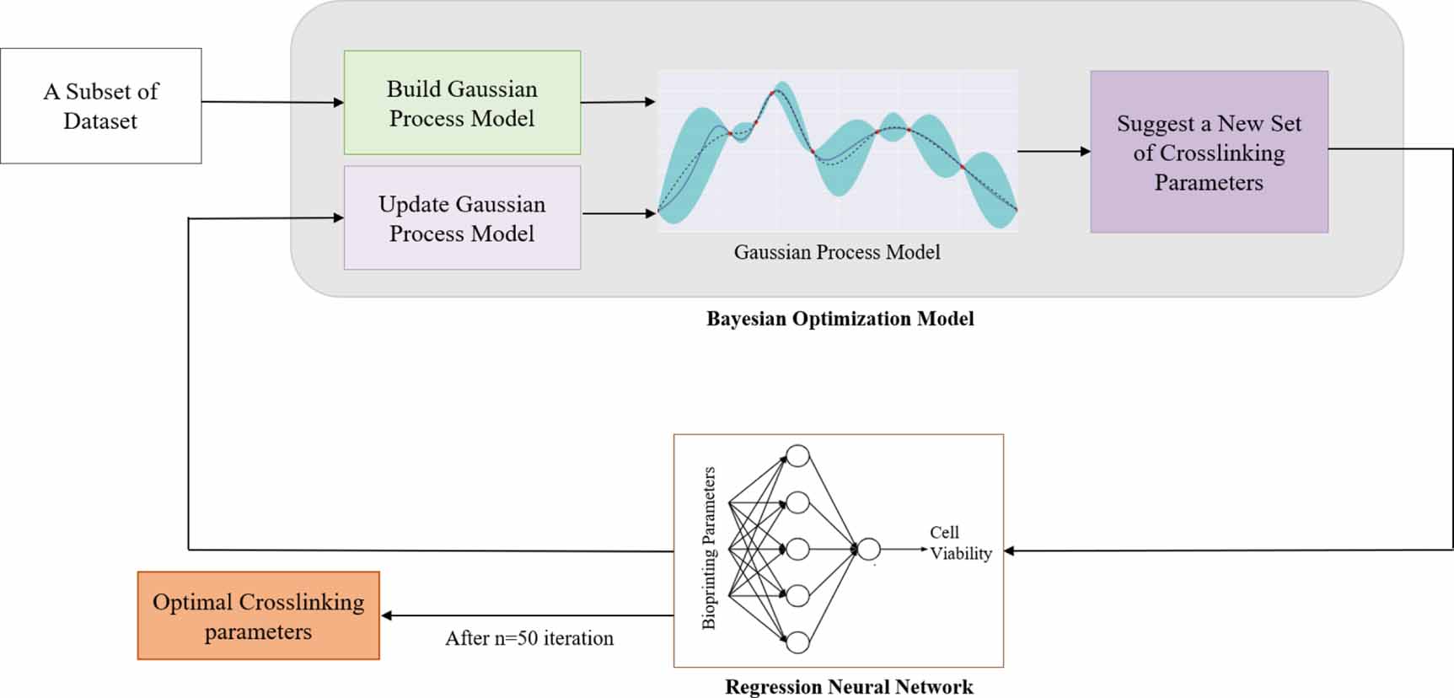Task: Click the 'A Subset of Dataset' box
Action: pyautogui.click(x=101, y=105)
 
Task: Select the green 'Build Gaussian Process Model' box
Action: pyautogui.click(x=462, y=103)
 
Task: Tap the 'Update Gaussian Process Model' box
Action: pyautogui.click(x=462, y=218)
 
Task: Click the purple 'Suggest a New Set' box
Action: pyautogui.click(x=1209, y=153)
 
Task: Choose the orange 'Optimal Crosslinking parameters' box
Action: pyautogui.click(x=258, y=616)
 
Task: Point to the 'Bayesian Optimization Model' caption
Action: pyautogui.click(x=840, y=319)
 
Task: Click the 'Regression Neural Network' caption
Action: pyautogui.click(x=849, y=687)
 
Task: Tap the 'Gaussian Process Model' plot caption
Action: pyautogui.click(x=836, y=252)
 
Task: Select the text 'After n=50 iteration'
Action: pyautogui.click(x=529, y=638)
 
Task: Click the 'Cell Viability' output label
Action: pyautogui.click(x=960, y=543)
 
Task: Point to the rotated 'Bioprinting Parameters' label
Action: pyautogui.click(x=709, y=548)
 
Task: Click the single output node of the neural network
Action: pyautogui.click(x=868, y=550)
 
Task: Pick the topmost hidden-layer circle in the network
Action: pyautogui.click(x=797, y=457)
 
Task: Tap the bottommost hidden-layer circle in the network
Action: pyautogui.click(x=797, y=642)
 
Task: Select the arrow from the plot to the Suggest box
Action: pyautogui.click(x=1054, y=152)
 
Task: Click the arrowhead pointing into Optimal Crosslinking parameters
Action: pyautogui.click(x=386, y=615)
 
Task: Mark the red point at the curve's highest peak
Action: pyautogui.click(x=773, y=93)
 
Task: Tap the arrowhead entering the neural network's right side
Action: pyautogui.click(x=1009, y=550)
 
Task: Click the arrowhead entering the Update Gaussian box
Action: pyautogui.click(x=339, y=217)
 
